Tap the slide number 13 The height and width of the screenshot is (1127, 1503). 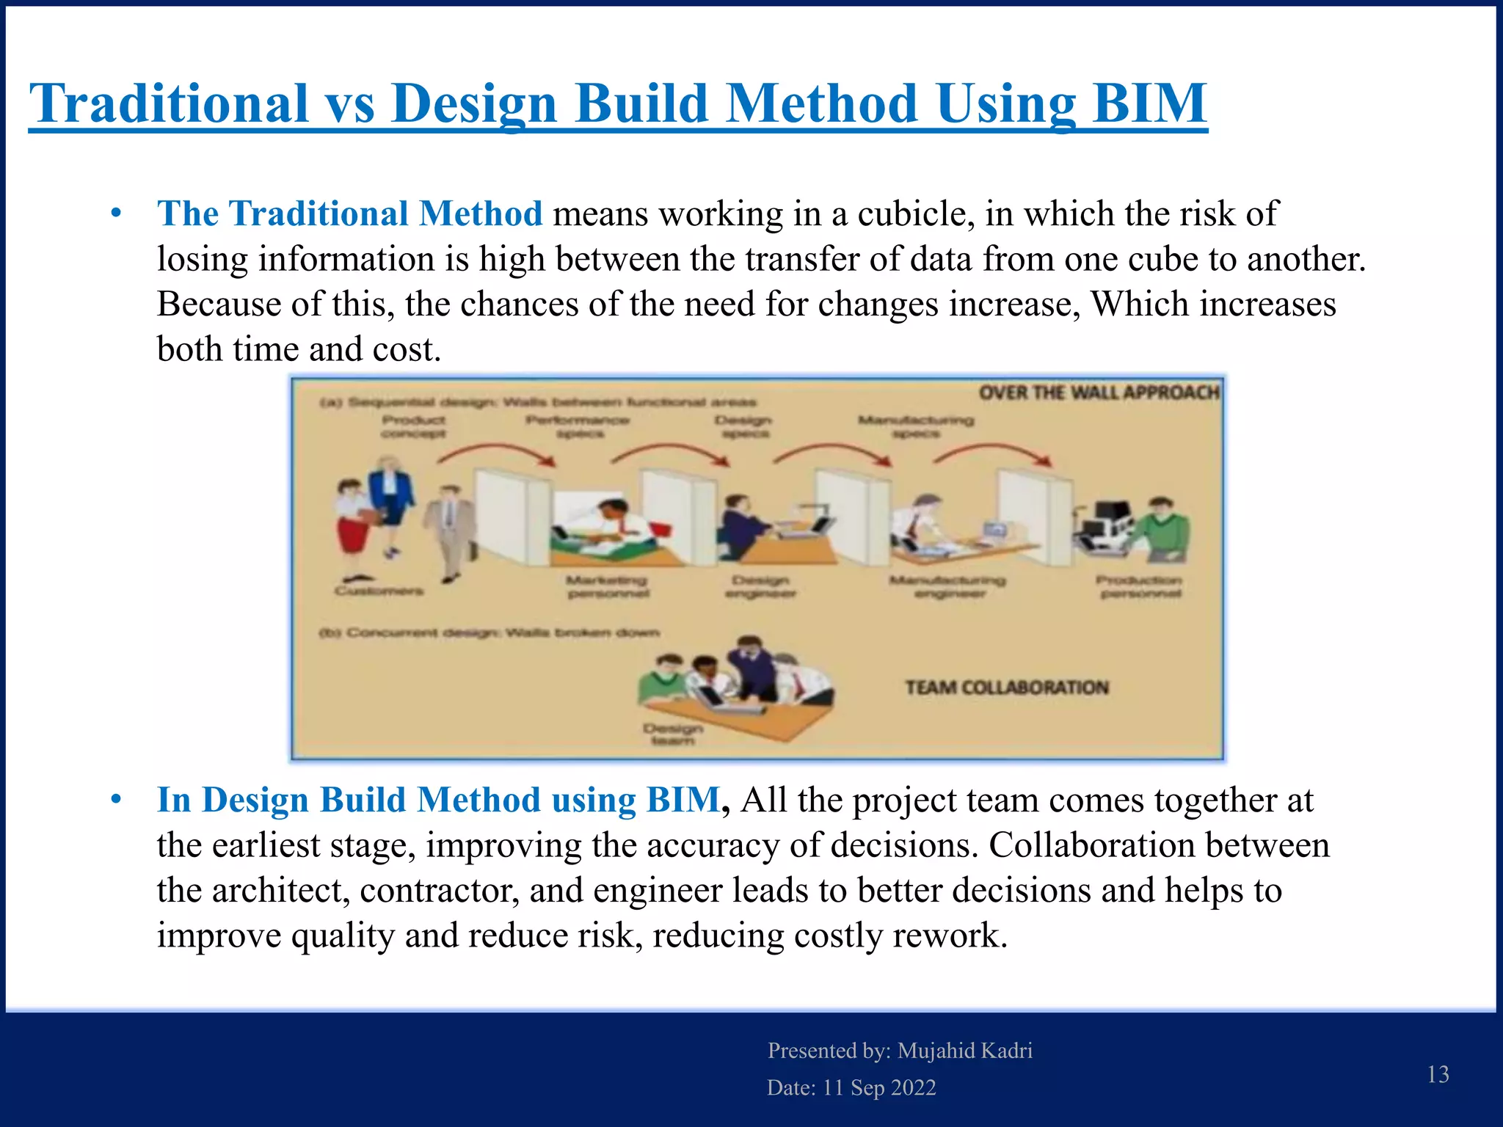point(1438,1074)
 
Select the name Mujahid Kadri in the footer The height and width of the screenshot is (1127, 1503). point(964,1051)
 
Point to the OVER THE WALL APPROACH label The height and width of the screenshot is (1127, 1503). point(1098,393)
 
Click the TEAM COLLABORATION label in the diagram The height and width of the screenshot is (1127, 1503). point(1006,687)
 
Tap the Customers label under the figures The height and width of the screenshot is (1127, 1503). point(379,591)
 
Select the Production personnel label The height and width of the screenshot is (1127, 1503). point(1140,586)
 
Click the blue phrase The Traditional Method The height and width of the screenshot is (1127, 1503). point(349,214)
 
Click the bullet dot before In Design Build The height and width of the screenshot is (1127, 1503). point(116,799)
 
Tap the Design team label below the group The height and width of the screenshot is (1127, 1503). point(672,734)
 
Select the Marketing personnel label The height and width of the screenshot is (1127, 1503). point(607,586)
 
